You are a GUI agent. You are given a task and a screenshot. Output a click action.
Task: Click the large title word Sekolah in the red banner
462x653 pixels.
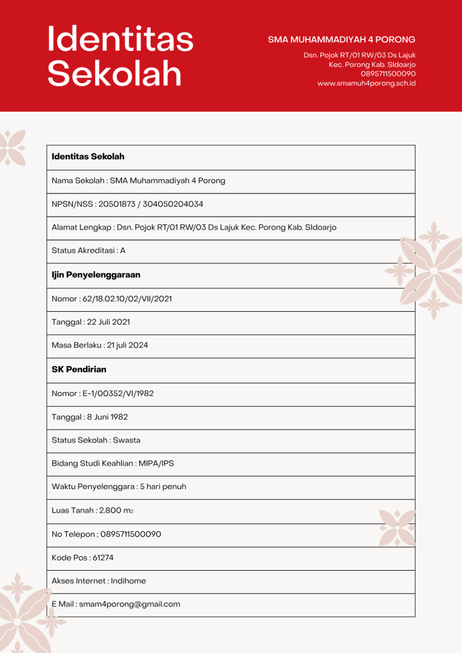click(x=115, y=74)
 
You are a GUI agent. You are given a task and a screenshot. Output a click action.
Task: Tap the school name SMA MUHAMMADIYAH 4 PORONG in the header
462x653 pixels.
click(x=341, y=40)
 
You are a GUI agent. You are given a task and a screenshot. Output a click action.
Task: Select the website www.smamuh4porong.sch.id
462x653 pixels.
click(x=366, y=83)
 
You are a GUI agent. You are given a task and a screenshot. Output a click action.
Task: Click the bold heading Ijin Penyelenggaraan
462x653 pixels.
click(x=96, y=275)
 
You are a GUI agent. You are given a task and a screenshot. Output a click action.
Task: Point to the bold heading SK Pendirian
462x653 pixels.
click(x=79, y=369)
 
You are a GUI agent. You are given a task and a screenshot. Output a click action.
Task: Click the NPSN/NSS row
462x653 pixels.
click(x=127, y=204)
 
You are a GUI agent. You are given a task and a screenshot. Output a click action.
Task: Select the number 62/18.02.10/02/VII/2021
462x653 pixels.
click(x=127, y=298)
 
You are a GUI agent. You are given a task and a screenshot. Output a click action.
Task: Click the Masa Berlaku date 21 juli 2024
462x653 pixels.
click(x=126, y=345)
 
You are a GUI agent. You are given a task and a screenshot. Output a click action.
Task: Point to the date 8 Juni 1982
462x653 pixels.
click(x=107, y=417)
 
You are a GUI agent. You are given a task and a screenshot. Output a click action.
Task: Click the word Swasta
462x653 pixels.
click(x=126, y=440)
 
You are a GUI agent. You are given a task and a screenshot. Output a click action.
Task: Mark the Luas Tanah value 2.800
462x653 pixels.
click(x=110, y=510)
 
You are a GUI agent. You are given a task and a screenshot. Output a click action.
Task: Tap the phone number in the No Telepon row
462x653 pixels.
click(x=131, y=534)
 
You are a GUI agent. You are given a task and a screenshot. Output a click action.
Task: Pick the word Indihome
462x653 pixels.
click(x=128, y=581)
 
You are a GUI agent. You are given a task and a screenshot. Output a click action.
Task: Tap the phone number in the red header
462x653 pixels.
click(x=388, y=73)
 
